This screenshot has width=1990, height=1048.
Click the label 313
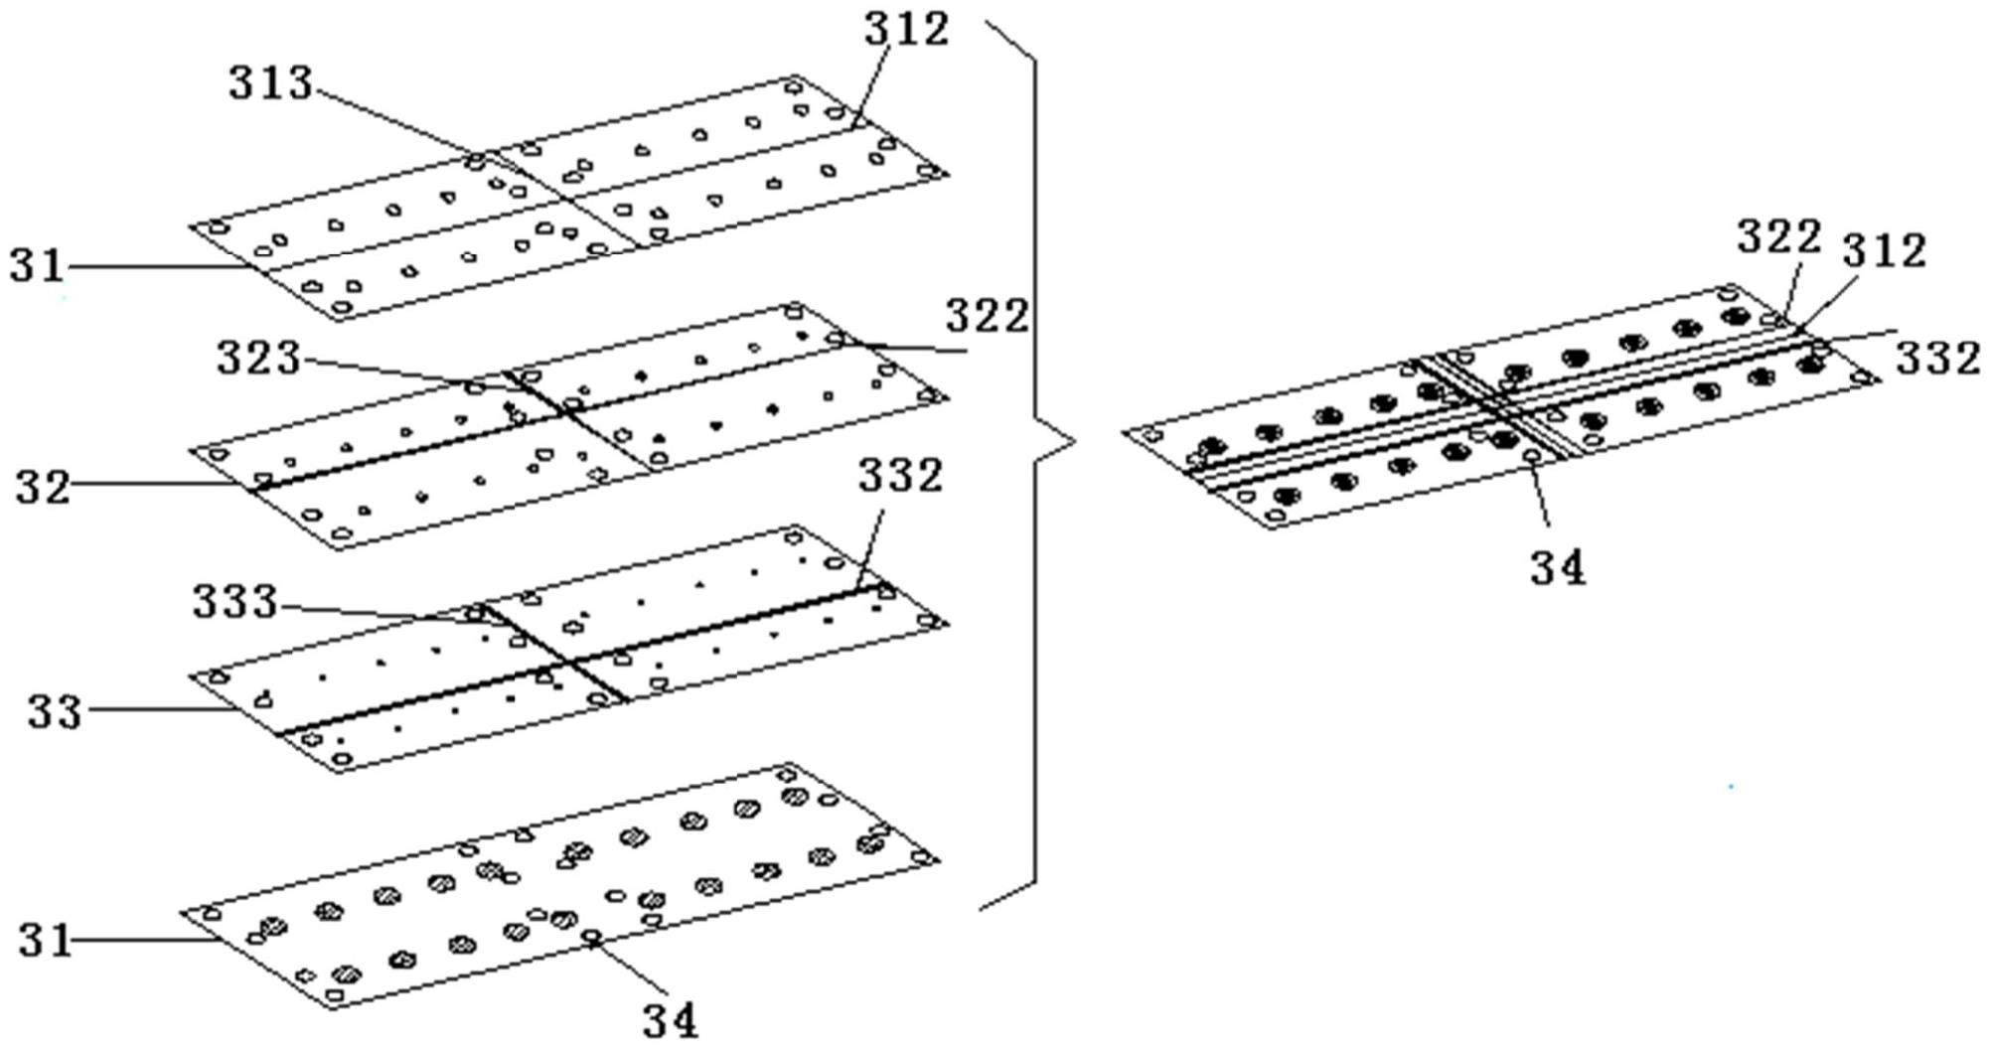(x=270, y=82)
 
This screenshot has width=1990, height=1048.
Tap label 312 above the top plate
(x=906, y=30)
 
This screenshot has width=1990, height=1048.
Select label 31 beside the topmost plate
(x=37, y=266)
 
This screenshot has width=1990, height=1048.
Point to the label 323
(x=258, y=358)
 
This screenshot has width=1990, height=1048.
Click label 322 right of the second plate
(x=987, y=317)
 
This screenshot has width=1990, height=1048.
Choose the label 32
(x=43, y=488)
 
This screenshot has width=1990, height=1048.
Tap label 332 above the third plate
(x=900, y=476)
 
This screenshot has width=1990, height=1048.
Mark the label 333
(x=234, y=602)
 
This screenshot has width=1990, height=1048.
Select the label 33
(x=54, y=712)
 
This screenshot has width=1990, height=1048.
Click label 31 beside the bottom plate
(x=46, y=940)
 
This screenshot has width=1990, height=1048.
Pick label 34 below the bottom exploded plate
(x=670, y=1019)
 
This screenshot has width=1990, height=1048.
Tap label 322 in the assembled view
(x=1778, y=237)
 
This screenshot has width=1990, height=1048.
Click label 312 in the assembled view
(x=1884, y=251)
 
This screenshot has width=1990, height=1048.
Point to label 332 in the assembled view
(x=1937, y=359)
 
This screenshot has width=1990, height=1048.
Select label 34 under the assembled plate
(x=1557, y=567)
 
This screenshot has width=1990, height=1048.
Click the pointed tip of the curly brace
(x=1073, y=442)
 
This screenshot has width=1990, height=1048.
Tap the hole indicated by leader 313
(x=476, y=160)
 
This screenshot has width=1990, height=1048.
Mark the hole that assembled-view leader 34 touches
(x=1532, y=456)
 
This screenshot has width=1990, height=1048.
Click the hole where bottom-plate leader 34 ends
(x=591, y=935)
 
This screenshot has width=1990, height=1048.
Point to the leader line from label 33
(x=159, y=709)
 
